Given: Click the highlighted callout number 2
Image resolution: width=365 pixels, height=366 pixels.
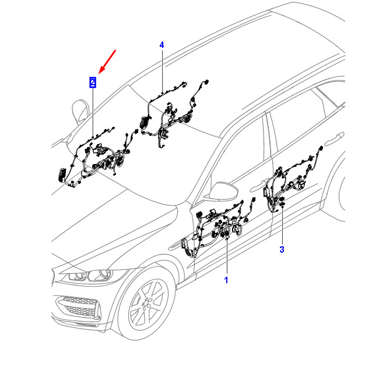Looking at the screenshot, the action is pos(93,82).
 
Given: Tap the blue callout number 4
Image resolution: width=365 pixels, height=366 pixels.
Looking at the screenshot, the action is pos(162,45).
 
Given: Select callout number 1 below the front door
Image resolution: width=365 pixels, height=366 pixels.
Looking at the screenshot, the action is pos(226,281).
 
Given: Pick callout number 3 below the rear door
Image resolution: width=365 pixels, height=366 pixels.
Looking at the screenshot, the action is pos(282,250).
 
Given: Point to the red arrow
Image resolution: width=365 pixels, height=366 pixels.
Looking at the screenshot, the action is pos(108,61).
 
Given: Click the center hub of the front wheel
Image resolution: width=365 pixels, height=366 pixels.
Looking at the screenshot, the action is pos(144,305).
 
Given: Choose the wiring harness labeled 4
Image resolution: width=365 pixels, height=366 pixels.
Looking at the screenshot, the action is pos(172,114).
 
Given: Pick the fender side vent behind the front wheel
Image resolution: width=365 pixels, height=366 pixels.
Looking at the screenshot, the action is pos(189,245).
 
